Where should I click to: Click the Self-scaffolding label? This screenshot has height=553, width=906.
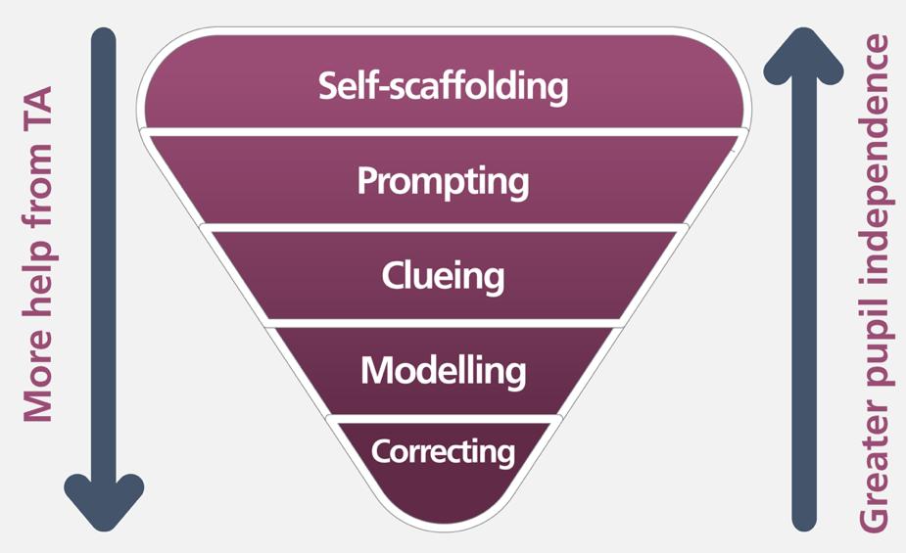pyautogui.click(x=443, y=86)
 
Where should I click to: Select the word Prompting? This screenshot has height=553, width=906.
pyautogui.click(x=443, y=182)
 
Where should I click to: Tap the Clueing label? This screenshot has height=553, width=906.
pyautogui.click(x=443, y=276)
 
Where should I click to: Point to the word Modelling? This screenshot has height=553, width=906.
pyautogui.click(x=443, y=370)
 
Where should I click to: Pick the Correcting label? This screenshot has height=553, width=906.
pyautogui.click(x=443, y=452)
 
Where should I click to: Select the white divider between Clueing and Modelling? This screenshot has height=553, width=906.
pyautogui.click(x=443, y=322)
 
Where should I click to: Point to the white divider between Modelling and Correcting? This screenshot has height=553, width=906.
pyautogui.click(x=443, y=417)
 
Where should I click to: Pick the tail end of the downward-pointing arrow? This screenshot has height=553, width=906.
pyautogui.click(x=104, y=39)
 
